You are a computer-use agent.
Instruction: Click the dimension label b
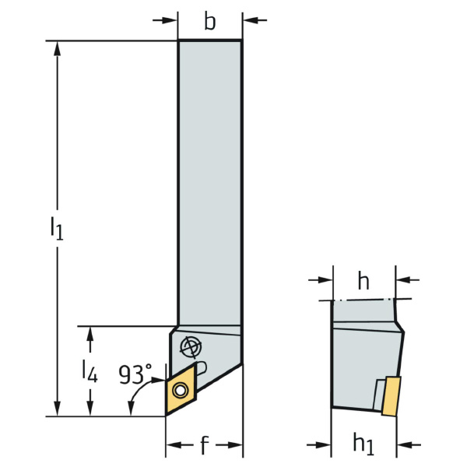click(209, 22)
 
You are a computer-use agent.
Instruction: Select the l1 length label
click(57, 228)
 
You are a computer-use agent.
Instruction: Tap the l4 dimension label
click(90, 371)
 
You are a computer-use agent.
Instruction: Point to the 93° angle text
click(135, 374)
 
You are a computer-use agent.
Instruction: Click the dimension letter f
click(204, 445)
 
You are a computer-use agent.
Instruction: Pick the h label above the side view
click(363, 281)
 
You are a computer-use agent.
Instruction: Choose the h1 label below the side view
click(363, 444)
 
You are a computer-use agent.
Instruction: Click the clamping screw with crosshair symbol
click(191, 347)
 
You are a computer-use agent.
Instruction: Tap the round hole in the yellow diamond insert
click(181, 390)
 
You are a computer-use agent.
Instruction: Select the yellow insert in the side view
click(391, 396)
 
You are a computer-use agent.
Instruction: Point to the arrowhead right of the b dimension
click(250, 20)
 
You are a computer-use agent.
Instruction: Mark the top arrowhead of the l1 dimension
click(57, 48)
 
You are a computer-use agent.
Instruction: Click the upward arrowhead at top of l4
click(90, 334)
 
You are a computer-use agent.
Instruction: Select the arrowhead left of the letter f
click(174, 445)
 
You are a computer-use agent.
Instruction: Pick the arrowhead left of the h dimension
click(325, 280)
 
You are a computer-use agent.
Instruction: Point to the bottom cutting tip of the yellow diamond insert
click(167, 415)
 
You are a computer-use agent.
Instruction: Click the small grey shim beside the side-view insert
click(378, 395)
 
